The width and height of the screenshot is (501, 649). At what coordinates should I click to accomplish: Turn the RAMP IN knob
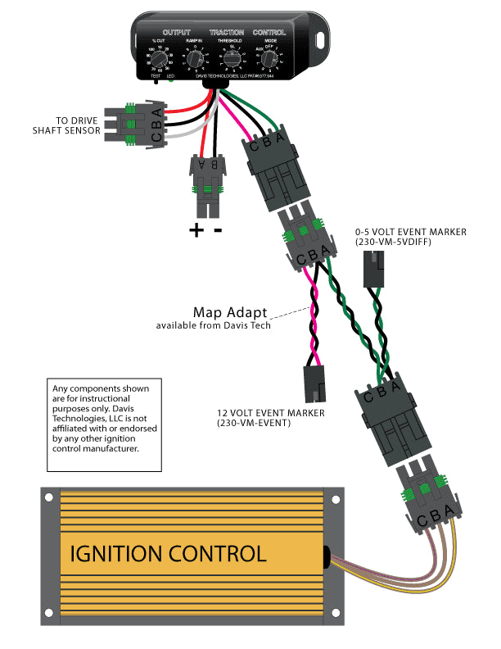[194, 58]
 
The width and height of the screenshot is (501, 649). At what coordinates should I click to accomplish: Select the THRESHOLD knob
[232, 58]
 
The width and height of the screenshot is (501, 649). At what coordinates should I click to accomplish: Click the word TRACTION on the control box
[227, 32]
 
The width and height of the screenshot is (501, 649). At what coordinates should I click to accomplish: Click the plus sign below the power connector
[196, 230]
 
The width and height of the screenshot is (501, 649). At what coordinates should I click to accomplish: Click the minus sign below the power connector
[218, 230]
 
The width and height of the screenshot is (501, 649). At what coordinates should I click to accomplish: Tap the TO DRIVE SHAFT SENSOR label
[66, 124]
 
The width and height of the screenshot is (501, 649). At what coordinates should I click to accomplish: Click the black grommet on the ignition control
[326, 556]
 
